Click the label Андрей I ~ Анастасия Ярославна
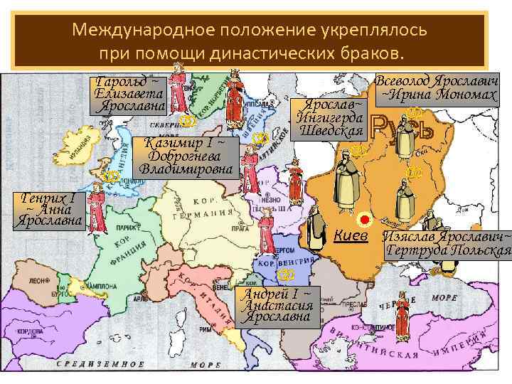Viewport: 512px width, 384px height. pos(277,306)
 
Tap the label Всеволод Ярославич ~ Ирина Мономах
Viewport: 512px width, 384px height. pos(437,87)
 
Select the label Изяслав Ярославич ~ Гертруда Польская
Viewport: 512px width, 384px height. pos(447,243)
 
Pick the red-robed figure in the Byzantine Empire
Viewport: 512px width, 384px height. pos(402,316)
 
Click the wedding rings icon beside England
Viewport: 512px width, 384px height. pos(110,176)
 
